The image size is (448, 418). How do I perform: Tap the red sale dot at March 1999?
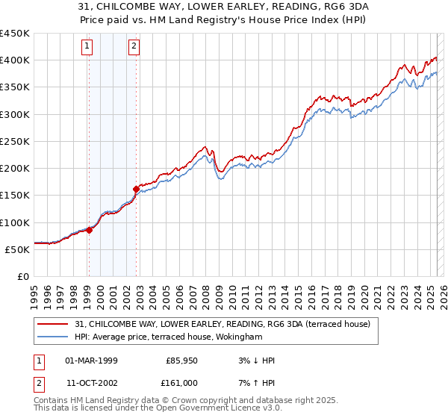pos(89,230)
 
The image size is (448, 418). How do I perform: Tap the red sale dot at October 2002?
pos(137,189)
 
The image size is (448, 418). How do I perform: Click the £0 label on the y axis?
pos(22,276)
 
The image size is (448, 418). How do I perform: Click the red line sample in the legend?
pos(53,324)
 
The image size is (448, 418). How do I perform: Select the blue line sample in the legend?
pos(53,337)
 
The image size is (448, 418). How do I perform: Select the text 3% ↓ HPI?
pos(255,361)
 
